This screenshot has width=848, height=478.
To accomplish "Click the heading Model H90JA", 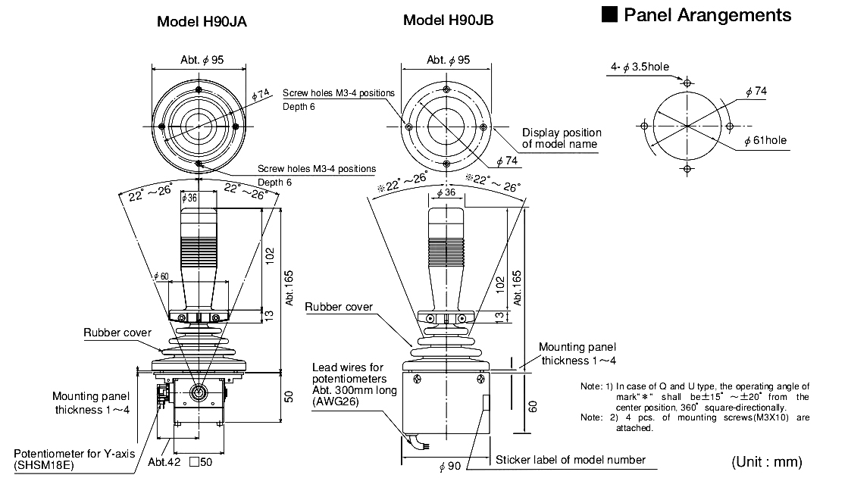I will pos(201,21).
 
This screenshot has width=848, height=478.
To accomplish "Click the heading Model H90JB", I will pos(448,20).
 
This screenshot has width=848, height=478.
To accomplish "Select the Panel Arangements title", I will pos(696,15).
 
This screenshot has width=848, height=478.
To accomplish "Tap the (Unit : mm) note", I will pos(766,461).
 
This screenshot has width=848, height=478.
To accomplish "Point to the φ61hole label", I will pos(765,140).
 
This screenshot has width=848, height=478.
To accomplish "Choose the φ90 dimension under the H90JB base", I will pos(449,466).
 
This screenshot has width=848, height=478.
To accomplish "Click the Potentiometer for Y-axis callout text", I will pos(70,459).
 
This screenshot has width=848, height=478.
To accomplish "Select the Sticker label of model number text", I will pos(570,460).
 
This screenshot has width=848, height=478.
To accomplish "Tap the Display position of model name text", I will pos(561,139).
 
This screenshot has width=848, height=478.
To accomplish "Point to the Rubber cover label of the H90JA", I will pos(117,333).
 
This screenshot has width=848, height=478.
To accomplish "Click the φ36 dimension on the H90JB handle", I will pos(446,193).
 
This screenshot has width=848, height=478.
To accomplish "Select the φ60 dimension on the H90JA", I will pos(161,275).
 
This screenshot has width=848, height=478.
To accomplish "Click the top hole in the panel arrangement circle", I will pos(687,82).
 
